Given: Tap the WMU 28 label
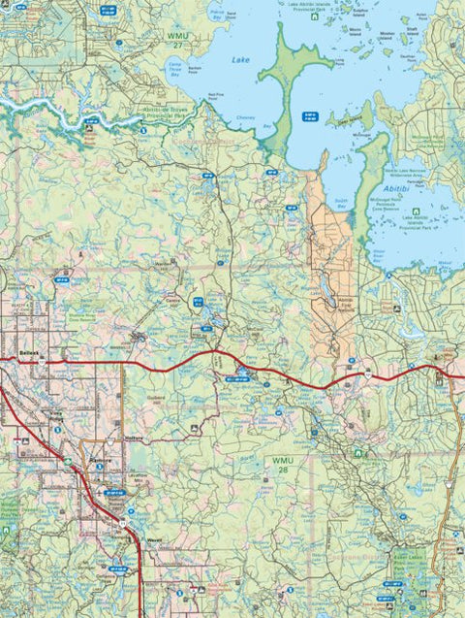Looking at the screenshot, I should [x=282, y=465].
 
